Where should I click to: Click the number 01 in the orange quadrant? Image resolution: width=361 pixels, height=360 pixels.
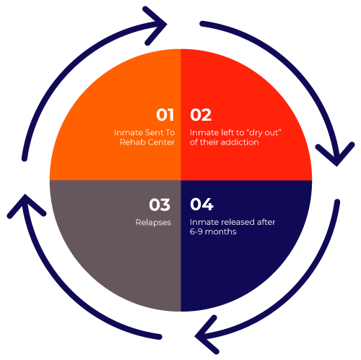[165, 115]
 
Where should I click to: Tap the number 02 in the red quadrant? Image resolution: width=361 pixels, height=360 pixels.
[201, 115]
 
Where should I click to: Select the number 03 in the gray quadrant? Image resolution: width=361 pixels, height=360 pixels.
[160, 205]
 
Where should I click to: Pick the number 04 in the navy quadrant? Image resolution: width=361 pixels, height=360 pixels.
[201, 205]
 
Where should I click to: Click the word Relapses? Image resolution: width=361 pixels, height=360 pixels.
[153, 223]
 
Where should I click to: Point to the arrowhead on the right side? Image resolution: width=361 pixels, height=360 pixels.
[336, 154]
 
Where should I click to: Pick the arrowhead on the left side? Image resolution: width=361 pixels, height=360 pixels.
[25, 205]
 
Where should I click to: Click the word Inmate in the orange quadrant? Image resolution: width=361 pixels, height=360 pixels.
[129, 132]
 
